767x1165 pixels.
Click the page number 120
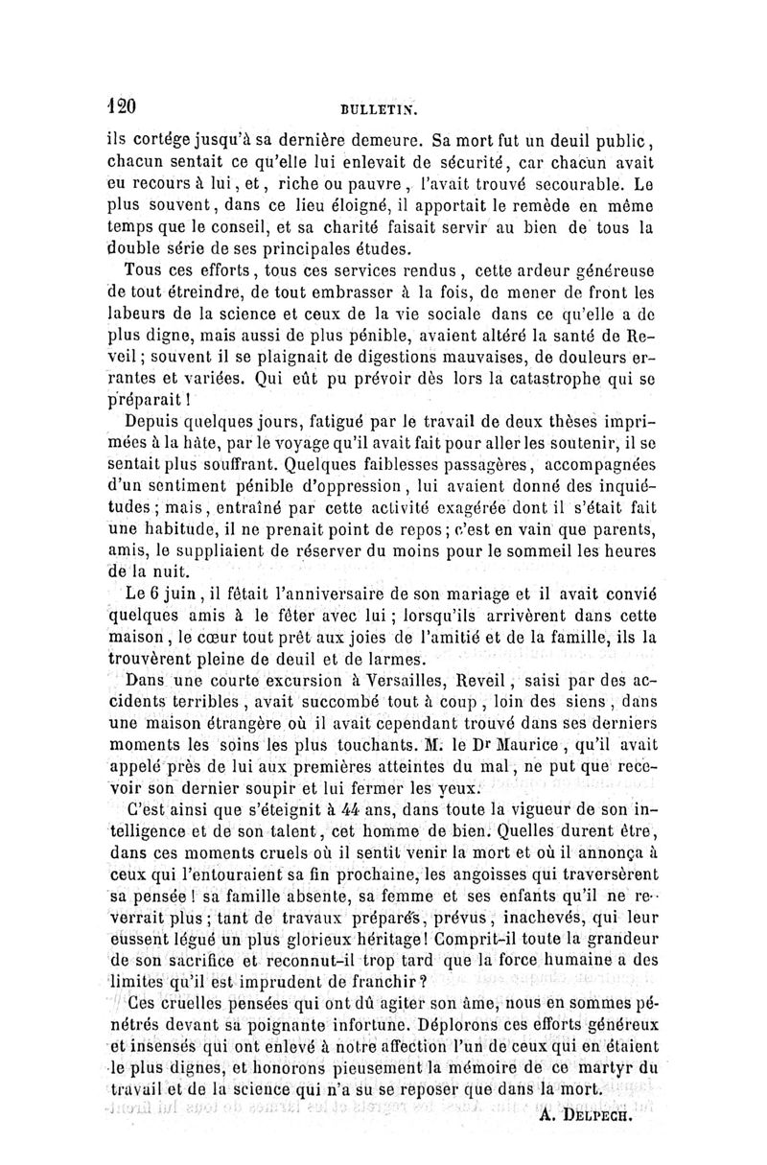point(122,105)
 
